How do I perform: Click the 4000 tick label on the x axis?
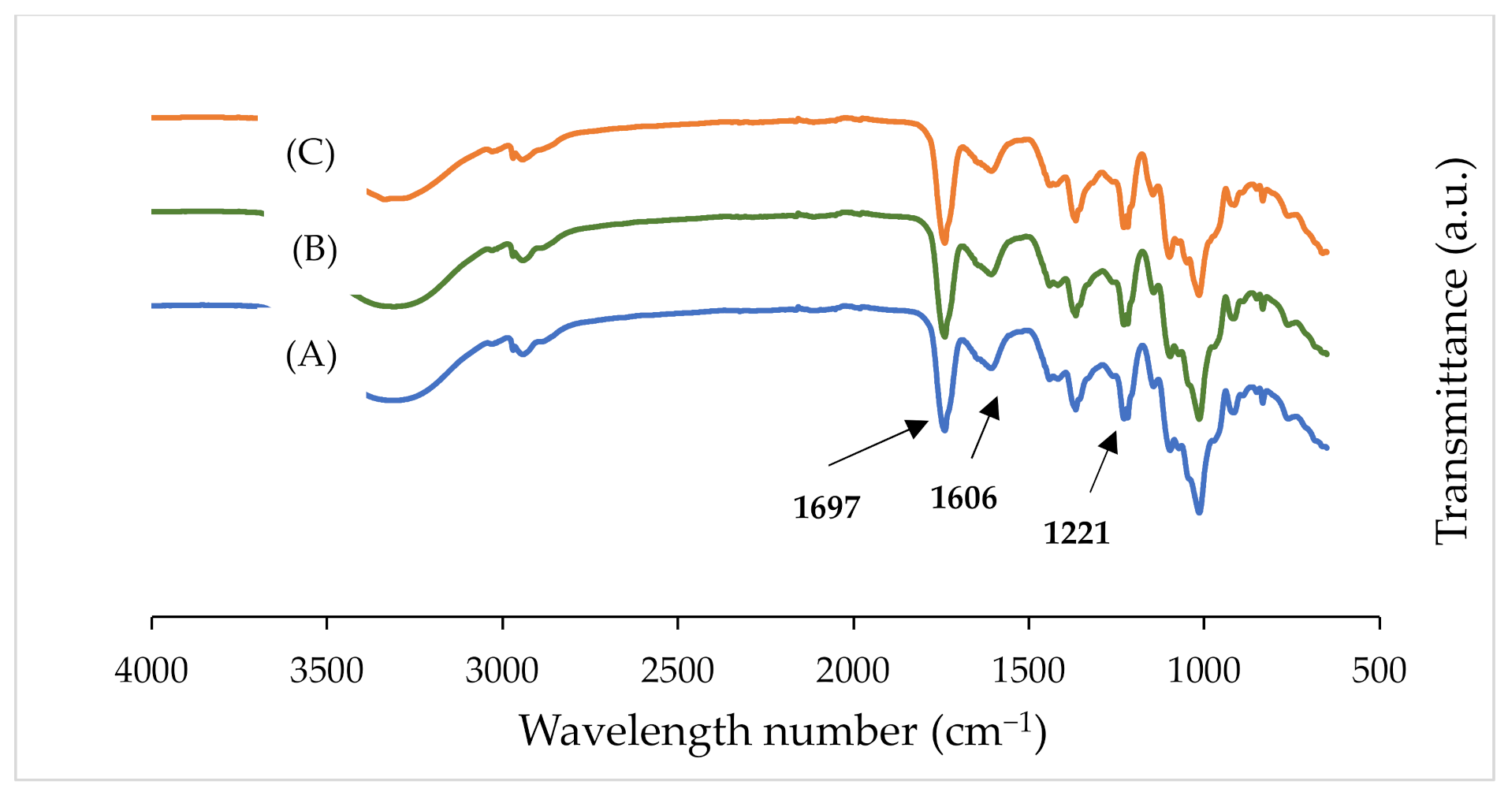click(x=151, y=671)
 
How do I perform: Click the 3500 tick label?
click(x=326, y=671)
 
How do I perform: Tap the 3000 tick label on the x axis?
click(x=502, y=671)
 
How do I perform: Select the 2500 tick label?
click(x=677, y=671)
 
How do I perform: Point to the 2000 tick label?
click(x=853, y=671)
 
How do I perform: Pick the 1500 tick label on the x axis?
click(x=1028, y=671)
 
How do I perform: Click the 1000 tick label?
click(x=1204, y=671)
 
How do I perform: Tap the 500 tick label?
click(x=1379, y=671)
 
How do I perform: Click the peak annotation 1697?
click(x=826, y=508)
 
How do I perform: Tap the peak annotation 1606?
click(x=963, y=498)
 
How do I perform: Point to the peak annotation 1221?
click(x=1077, y=534)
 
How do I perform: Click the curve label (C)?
click(x=311, y=153)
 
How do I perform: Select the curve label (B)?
click(x=315, y=250)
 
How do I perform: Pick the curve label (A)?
click(x=311, y=355)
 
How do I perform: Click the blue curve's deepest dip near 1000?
click(x=1199, y=512)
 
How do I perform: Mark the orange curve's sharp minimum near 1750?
click(x=944, y=242)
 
